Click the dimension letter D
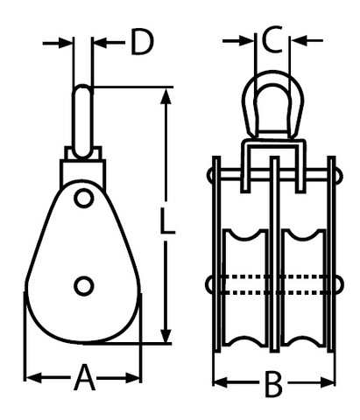pyautogui.click(x=142, y=42)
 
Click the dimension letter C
pyautogui.click(x=272, y=39)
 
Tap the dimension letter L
pyautogui.click(x=167, y=220)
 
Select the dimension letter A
pyautogui.click(x=84, y=377)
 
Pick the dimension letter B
pyautogui.click(x=273, y=384)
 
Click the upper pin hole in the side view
pyautogui.click(x=84, y=199)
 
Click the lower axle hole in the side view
pyautogui.click(x=84, y=285)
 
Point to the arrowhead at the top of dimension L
pyautogui.click(x=166, y=96)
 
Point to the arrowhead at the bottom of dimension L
pyautogui.click(x=166, y=334)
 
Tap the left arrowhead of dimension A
pyautogui.click(x=33, y=378)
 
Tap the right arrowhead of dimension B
pyautogui.click(x=327, y=382)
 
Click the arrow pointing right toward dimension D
pyautogui.click(x=57, y=43)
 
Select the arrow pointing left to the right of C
pyautogui.click(x=307, y=40)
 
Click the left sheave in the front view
pyautogui.click(x=245, y=288)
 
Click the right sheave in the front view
pyautogui.click(x=303, y=288)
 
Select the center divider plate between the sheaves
pyautogui.click(x=274, y=255)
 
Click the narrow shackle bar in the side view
pyautogui.click(x=82, y=121)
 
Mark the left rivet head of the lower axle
pyautogui.click(x=209, y=285)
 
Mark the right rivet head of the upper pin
pyautogui.click(x=339, y=175)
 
